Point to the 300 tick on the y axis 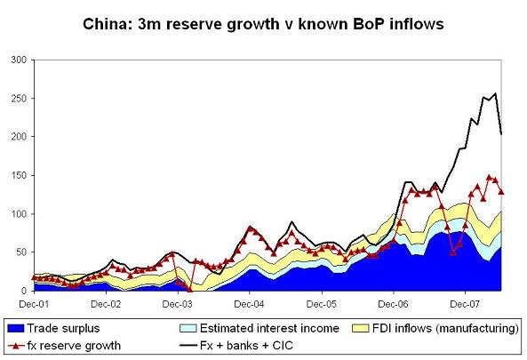[x=18, y=60]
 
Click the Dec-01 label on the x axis [x=35, y=303]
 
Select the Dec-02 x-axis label [x=107, y=303]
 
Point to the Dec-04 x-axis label [x=250, y=303]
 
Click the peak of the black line [x=495, y=93]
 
